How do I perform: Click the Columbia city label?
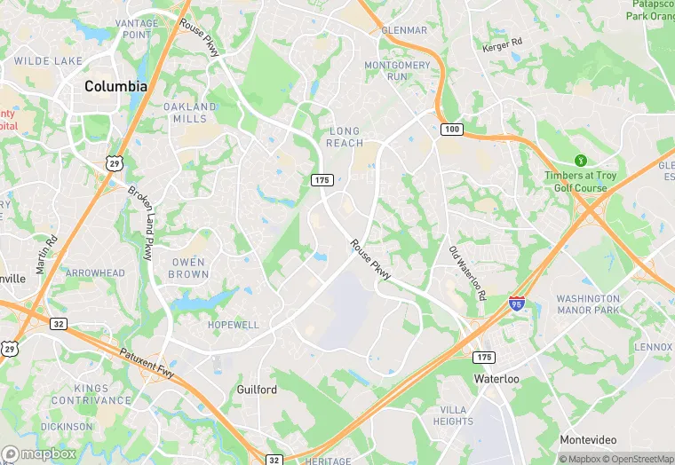pyautogui.click(x=115, y=86)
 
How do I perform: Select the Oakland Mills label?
pyautogui.click(x=190, y=113)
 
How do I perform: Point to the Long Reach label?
pyautogui.click(x=344, y=137)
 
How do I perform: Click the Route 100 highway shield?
pyautogui.click(x=452, y=130)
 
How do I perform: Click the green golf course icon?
pyautogui.click(x=580, y=161)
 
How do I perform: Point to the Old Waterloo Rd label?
pyautogui.click(x=466, y=272)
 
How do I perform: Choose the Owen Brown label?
pyautogui.click(x=188, y=268)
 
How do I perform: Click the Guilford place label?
pyautogui.click(x=257, y=390)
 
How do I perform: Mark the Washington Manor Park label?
pyautogui.click(x=588, y=304)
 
